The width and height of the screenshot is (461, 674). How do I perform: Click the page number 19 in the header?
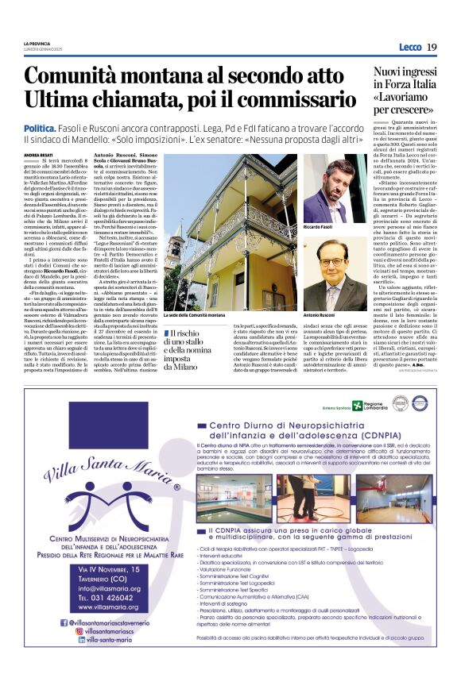[x=432, y=48]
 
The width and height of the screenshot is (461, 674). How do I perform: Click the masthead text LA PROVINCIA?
[x=37, y=42]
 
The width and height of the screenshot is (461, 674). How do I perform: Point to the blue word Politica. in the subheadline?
[x=41, y=128]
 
